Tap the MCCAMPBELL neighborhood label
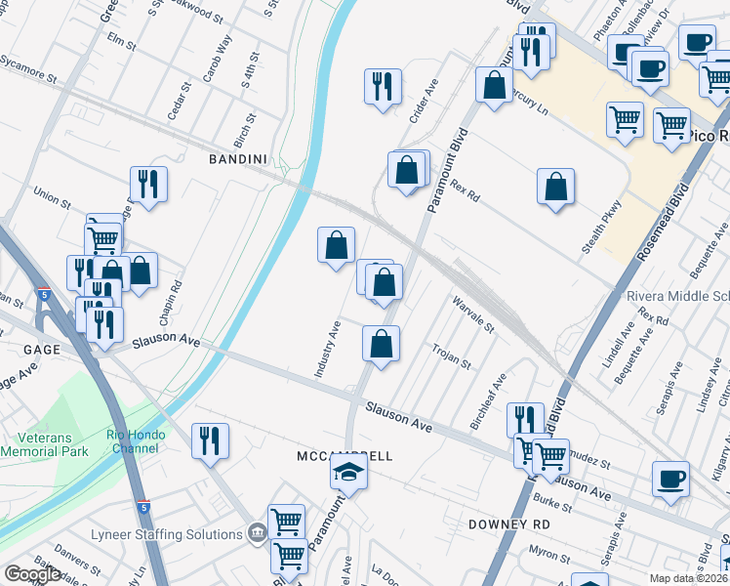[x=345, y=456]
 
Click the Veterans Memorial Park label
[x=44, y=444]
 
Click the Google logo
[x=32, y=574]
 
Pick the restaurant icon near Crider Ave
[x=382, y=86]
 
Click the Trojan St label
[x=452, y=356]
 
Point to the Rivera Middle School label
[x=677, y=296]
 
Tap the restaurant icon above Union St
[x=148, y=184]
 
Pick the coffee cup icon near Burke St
[x=670, y=479]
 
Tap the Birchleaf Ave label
[x=488, y=400]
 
